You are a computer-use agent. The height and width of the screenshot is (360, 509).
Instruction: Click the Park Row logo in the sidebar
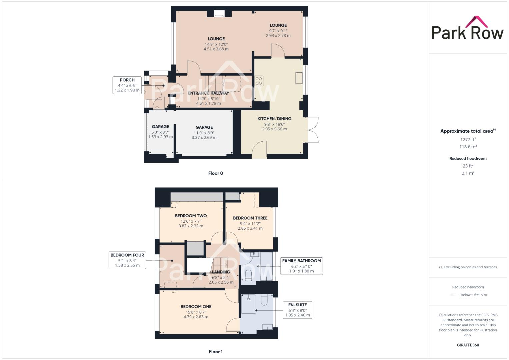[x=467, y=28]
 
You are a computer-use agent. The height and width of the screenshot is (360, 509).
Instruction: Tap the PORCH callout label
[x=127, y=85]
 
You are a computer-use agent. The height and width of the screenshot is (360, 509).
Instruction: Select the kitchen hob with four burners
[x=259, y=81]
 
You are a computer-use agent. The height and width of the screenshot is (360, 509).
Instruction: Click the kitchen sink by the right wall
[x=299, y=78]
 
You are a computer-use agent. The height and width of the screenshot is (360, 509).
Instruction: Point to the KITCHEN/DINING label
[x=274, y=119]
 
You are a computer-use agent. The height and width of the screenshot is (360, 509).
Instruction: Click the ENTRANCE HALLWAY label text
[x=208, y=93]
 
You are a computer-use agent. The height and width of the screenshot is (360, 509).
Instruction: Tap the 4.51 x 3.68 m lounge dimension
[x=216, y=49]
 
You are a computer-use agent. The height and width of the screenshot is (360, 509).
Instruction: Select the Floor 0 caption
[x=215, y=173]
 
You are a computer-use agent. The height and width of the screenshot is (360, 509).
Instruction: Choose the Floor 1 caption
[x=215, y=352]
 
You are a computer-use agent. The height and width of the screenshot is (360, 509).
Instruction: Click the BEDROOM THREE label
[x=250, y=218]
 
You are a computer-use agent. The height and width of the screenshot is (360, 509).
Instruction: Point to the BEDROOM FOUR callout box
[x=127, y=260]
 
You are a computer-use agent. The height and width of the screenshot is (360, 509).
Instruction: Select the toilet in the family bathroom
[x=248, y=274]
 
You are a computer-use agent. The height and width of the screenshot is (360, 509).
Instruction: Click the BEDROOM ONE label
[x=196, y=307]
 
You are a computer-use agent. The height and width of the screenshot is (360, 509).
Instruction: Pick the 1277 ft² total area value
[x=468, y=140]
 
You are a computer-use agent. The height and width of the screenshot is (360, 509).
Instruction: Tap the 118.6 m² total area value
[x=468, y=147]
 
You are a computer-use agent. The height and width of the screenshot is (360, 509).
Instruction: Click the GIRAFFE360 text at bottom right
[x=468, y=345]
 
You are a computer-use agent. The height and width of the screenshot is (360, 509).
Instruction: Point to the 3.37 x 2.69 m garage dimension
[x=204, y=137]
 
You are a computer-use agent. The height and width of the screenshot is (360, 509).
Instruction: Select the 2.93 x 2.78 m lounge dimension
[x=278, y=36]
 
